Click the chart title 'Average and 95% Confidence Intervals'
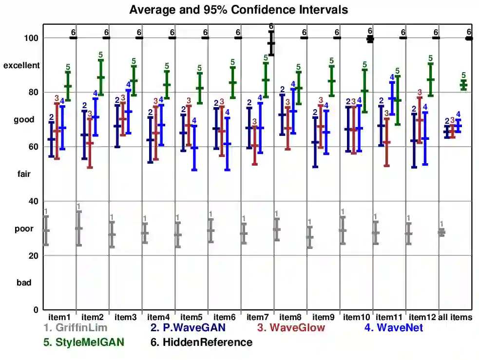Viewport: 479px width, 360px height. pos(239,10)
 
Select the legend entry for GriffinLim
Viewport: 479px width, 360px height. pos(75,328)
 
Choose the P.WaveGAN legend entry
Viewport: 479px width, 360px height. pos(188,328)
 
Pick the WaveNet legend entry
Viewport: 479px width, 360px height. pos(393,328)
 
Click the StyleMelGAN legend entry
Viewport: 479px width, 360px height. pos(84,342)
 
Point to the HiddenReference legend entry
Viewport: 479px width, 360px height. pos(201,342)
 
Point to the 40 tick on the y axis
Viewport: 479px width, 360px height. pos(34,201)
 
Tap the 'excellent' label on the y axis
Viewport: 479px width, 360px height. pos(21,65)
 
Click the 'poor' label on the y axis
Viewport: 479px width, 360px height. pos(24,228)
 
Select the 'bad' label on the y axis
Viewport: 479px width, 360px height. pos(24,283)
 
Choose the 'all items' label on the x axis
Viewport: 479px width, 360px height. pos(456,317)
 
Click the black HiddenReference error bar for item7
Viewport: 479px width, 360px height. pos(271,43)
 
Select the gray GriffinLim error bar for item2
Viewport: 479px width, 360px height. pos(78,228)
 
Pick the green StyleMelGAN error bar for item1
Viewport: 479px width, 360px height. pos(68,86)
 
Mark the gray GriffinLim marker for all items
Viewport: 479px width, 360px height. pos(441,232)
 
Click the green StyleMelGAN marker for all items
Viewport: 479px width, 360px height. pos(463,85)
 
